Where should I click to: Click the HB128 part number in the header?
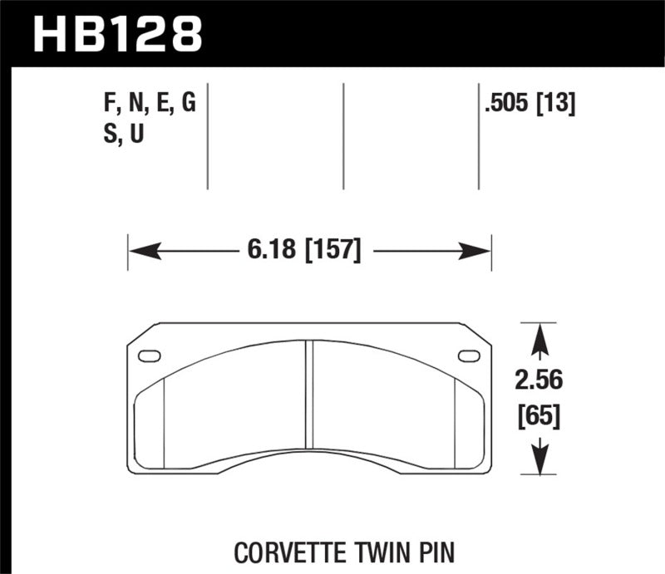coord(117,34)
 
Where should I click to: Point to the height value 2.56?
coord(539,380)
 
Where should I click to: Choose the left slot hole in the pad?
coord(150,356)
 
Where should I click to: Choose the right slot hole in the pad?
coord(469,356)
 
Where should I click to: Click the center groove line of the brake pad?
coord(308,399)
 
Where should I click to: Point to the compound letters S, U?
coord(121,134)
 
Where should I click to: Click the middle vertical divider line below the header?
coord(343,137)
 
